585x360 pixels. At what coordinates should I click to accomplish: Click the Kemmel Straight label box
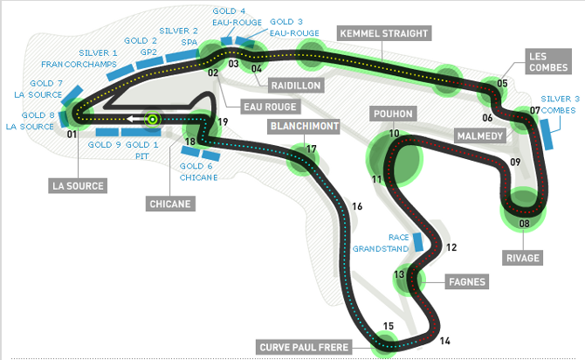pos(384,33)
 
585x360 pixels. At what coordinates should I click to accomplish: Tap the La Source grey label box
pos(78,185)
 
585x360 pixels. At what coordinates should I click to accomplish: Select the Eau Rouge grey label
pos(270,107)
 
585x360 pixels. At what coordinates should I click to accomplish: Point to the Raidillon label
pos(296,86)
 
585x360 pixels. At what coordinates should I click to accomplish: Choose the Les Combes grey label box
pos(548,62)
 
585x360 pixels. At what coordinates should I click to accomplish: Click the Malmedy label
pos(480,136)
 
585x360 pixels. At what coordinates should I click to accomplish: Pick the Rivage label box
pos(523,258)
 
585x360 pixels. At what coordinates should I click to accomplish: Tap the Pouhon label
pos(393,114)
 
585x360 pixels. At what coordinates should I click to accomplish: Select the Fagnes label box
pos(467,281)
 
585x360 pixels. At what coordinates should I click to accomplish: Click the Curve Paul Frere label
pos(304,347)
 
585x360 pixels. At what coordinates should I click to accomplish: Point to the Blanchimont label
pos(305,126)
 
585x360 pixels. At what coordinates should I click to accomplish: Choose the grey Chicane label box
pos(170,204)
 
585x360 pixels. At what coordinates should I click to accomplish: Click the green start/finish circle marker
pos(152,119)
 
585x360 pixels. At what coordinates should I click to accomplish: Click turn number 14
pos(444,341)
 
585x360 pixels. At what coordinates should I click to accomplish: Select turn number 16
pos(357,206)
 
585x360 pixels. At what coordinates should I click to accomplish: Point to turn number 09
pos(515,162)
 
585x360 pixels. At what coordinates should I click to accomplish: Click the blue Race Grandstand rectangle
pos(418,242)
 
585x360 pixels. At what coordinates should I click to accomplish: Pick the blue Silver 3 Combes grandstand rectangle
pos(547,135)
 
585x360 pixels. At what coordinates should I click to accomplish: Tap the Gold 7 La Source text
pos(38,89)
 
